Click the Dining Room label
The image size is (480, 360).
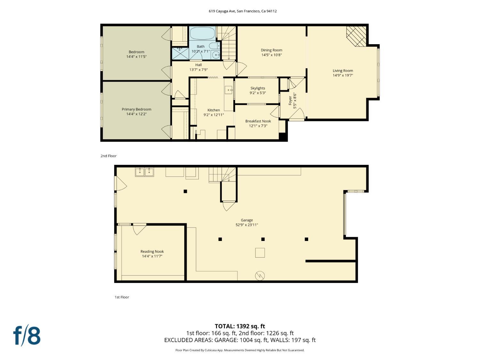click(x=271, y=50)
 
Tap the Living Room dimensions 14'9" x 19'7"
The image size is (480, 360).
click(x=343, y=75)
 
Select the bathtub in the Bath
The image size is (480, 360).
click(x=203, y=33)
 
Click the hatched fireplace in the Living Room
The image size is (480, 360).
click(x=356, y=36)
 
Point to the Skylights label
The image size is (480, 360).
click(x=258, y=88)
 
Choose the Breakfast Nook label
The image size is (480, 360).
click(x=258, y=121)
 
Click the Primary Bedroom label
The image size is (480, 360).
click(x=136, y=109)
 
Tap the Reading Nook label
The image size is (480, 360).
click(x=152, y=252)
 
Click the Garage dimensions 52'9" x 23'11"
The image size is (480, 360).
click(x=247, y=225)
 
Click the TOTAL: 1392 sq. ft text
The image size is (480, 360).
click(x=240, y=326)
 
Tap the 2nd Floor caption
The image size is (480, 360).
click(x=108, y=156)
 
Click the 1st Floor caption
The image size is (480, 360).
click(x=122, y=297)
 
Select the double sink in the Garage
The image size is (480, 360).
click(x=144, y=172)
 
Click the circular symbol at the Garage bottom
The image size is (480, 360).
click(x=260, y=276)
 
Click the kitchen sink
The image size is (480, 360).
click(x=229, y=90)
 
